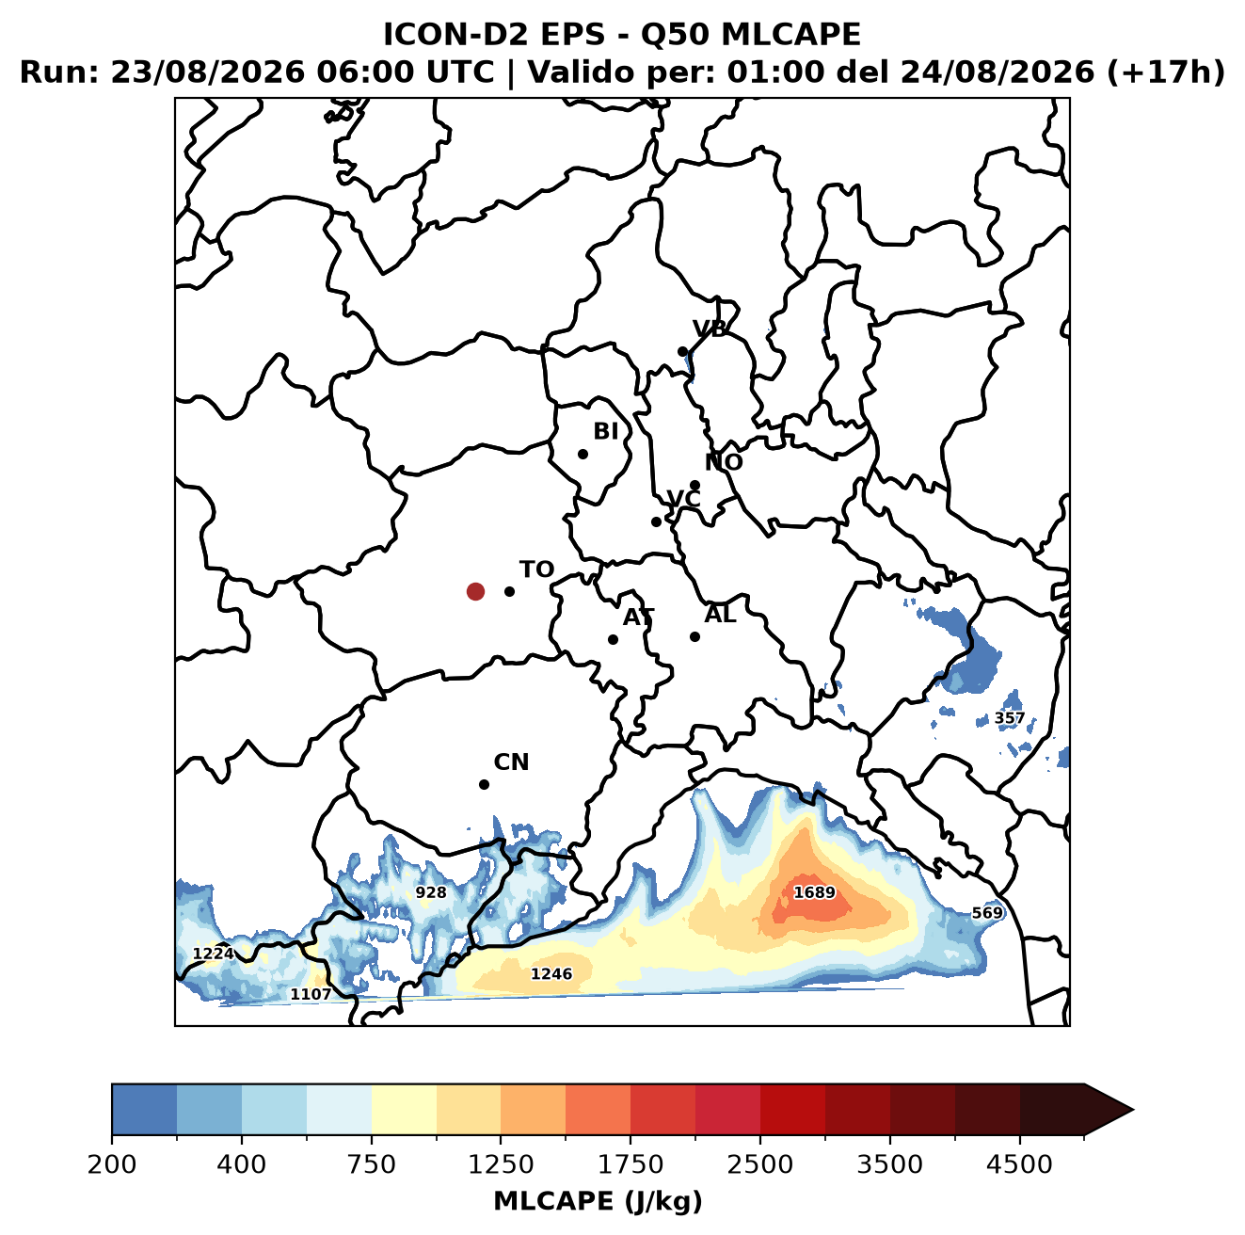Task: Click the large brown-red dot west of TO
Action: tap(475, 591)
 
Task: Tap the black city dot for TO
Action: tap(509, 591)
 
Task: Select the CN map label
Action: tap(511, 762)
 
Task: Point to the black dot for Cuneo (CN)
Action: tap(484, 784)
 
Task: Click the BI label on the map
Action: tap(605, 431)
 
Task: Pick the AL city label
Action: tap(720, 614)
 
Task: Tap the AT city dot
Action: tap(614, 640)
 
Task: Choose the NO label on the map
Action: tap(724, 462)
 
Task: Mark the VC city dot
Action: tap(657, 521)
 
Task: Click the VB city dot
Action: tap(683, 351)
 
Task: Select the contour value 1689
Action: tap(814, 892)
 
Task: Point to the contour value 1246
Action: tap(551, 973)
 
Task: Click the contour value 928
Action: tap(431, 892)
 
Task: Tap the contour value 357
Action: tap(1009, 718)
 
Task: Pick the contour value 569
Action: tap(987, 912)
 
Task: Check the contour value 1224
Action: tap(214, 954)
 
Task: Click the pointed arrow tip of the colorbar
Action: tap(1133, 1111)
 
